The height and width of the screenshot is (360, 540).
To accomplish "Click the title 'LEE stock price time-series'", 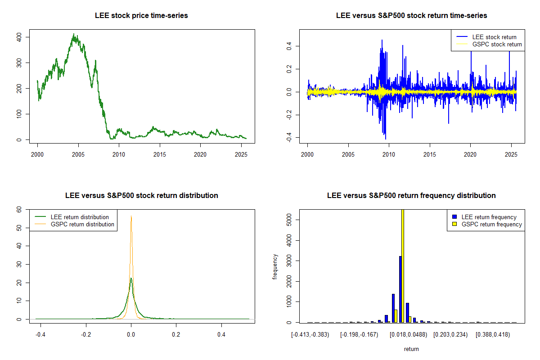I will pyautogui.click(x=141, y=15).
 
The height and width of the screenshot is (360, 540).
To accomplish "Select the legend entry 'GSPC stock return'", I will pyautogui.click(x=497, y=44).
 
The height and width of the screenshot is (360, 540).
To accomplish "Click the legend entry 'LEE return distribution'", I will pyautogui.click(x=80, y=217).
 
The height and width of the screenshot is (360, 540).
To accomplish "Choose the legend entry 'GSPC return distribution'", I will pyautogui.click(x=82, y=224).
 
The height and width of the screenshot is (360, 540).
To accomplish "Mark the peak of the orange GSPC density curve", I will pyautogui.click(x=131, y=216).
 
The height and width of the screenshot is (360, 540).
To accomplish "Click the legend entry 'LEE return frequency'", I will pyautogui.click(x=489, y=217).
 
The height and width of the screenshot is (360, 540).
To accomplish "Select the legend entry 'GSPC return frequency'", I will pyautogui.click(x=492, y=224).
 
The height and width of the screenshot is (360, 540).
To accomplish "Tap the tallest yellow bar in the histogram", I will pyautogui.click(x=403, y=265).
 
